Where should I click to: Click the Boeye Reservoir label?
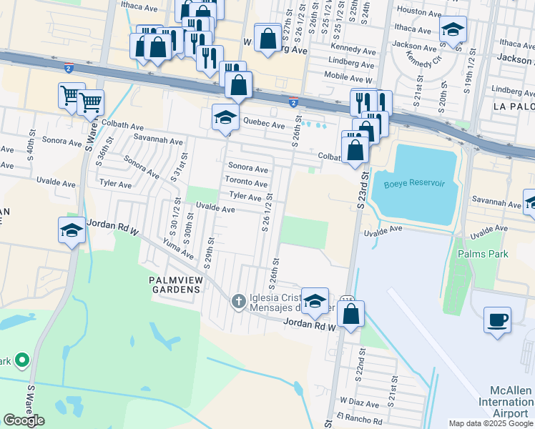pyautogui.click(x=414, y=184)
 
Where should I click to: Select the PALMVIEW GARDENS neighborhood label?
pyautogui.click(x=175, y=284)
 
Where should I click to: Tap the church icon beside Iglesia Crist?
pyautogui.click(x=239, y=302)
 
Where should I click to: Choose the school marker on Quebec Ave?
pyautogui.click(x=225, y=117)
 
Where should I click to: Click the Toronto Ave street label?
pyautogui.click(x=247, y=182)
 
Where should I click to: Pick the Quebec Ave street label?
pyautogui.click(x=264, y=124)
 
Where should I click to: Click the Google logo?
pyautogui.click(x=24, y=420)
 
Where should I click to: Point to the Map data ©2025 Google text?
pyautogui.click(x=490, y=423)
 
